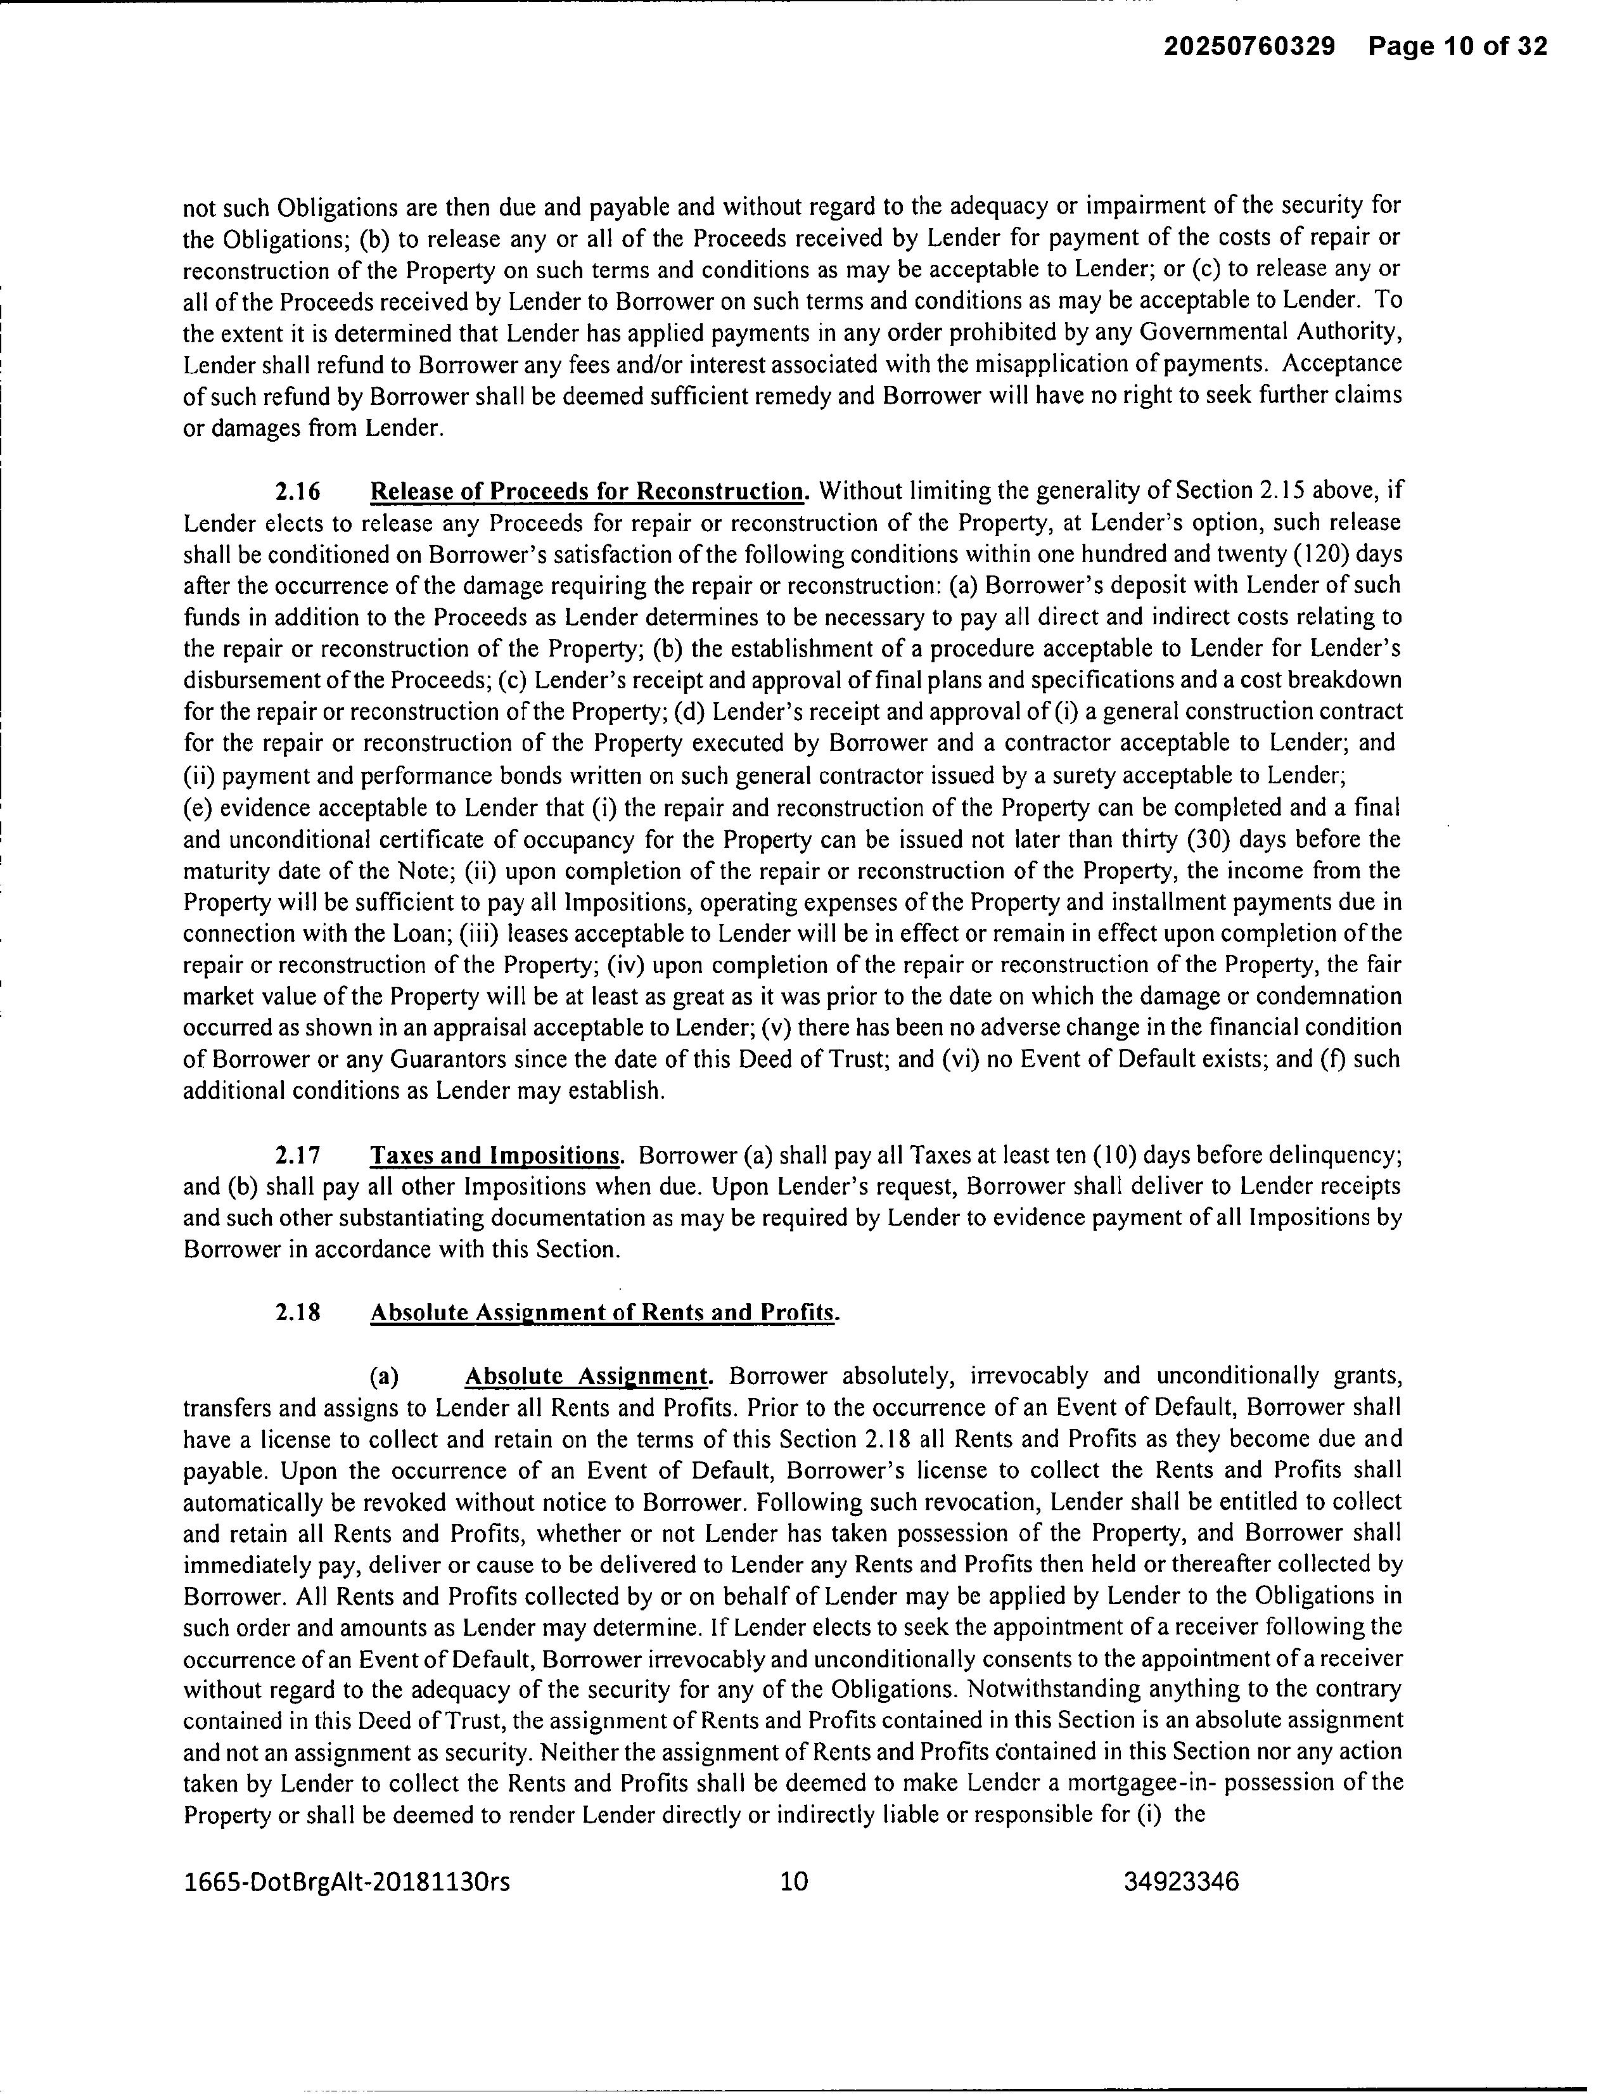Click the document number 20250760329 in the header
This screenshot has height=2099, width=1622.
(x=1249, y=46)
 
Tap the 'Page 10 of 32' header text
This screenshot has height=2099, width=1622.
(x=1458, y=46)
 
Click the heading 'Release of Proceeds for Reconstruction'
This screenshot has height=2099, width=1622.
(x=586, y=492)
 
